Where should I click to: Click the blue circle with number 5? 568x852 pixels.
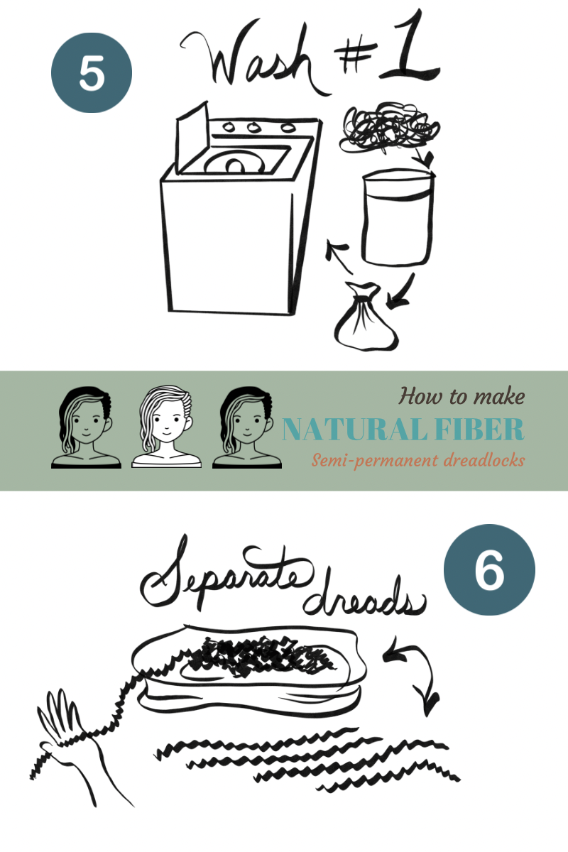pyautogui.click(x=92, y=72)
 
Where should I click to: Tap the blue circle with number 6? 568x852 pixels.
pyautogui.click(x=489, y=569)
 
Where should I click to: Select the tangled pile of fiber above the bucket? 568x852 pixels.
pyautogui.click(x=389, y=127)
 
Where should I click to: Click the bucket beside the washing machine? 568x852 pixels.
pyautogui.click(x=398, y=217)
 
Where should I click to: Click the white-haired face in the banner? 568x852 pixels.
pyautogui.click(x=166, y=427)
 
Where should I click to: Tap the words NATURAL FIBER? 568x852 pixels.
pyautogui.click(x=403, y=429)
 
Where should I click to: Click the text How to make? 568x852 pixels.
pyautogui.click(x=461, y=396)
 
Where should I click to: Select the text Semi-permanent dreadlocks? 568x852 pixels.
pyautogui.click(x=418, y=461)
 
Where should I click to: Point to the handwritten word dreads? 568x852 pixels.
pyautogui.click(x=365, y=598)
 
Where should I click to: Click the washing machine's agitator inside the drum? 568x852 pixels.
pyautogui.click(x=235, y=166)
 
